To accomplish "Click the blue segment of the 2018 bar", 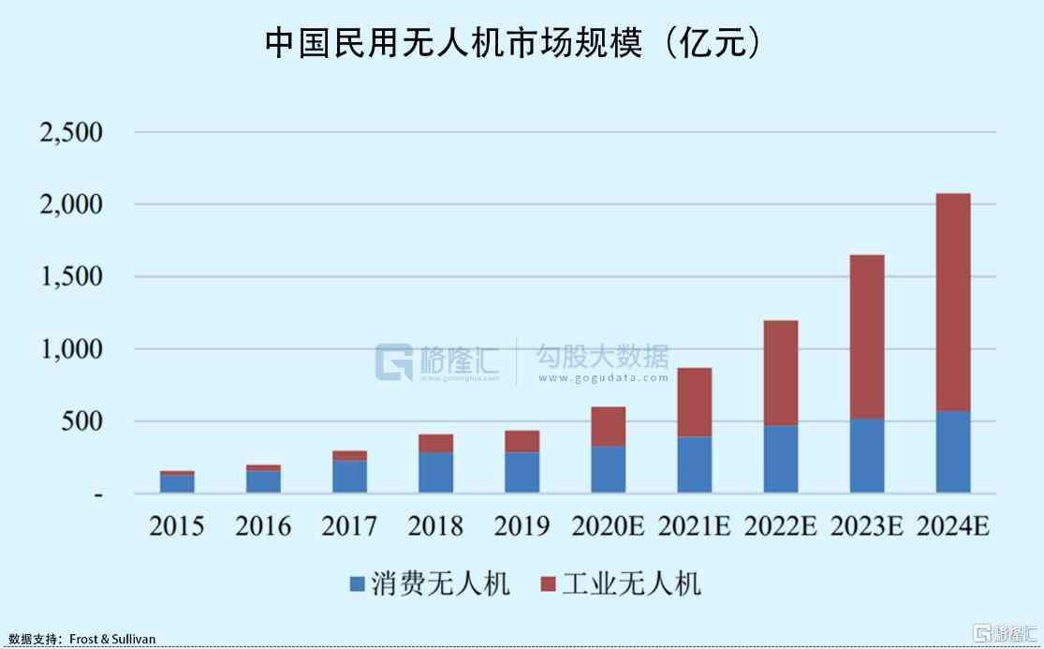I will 435,472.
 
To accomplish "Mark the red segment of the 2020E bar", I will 608,426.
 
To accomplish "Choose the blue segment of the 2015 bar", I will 177,483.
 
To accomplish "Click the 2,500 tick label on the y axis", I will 71,132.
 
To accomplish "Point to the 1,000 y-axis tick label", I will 71,349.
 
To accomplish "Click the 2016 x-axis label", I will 263,526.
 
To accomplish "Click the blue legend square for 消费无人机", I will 357,585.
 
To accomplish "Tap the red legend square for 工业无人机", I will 548,585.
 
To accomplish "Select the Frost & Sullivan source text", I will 112,640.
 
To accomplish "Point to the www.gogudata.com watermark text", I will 603,377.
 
